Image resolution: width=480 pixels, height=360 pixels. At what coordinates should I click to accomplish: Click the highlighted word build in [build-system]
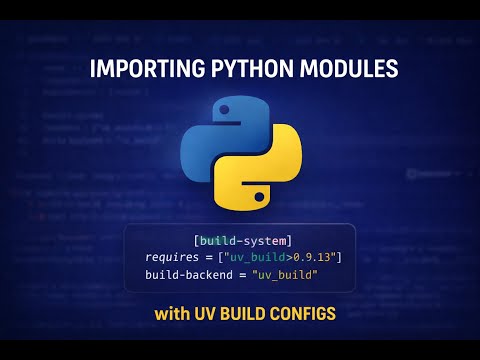click(x=218, y=241)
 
